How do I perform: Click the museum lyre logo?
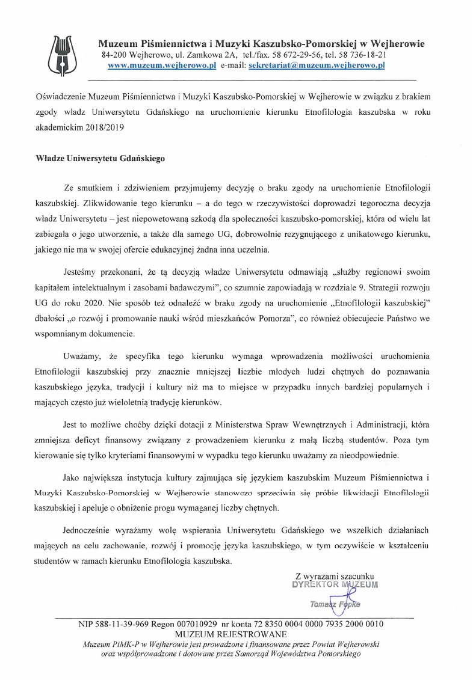pyautogui.click(x=63, y=51)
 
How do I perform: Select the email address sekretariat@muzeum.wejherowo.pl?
pyautogui.click(x=317, y=66)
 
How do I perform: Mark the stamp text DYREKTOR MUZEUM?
pyautogui.click(x=335, y=584)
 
